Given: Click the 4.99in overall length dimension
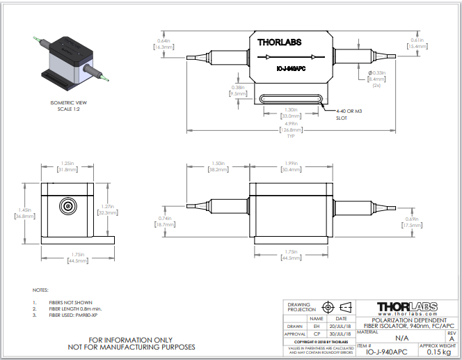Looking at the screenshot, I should click(292, 126).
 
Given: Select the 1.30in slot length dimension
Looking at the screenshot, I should click(292, 111).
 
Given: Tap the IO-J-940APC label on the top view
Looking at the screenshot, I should click(291, 68).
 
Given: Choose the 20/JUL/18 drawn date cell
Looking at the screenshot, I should click(341, 326).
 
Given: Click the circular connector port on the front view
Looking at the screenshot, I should click(67, 206).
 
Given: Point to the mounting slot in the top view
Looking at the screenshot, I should click(292, 98).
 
